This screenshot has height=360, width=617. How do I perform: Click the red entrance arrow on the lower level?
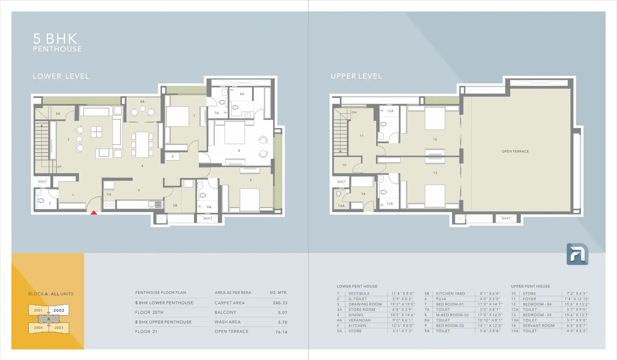pos(94,212)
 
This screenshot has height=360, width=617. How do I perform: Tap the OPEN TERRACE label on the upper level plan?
pos(515,151)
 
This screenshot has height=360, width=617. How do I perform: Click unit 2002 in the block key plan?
pos(59,310)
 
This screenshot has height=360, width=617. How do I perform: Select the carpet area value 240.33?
pos(280,303)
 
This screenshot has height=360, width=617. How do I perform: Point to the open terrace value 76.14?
pos(281,332)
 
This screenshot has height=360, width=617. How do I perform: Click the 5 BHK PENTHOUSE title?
pos(57,42)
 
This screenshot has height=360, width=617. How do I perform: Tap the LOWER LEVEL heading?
pos(61,76)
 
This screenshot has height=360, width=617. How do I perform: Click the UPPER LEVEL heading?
pos(356,76)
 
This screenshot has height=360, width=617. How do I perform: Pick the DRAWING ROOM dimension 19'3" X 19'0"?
pos(403,304)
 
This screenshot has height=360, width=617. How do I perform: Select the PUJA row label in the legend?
pos(441,299)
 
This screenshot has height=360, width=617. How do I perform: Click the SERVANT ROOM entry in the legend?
pos(539,326)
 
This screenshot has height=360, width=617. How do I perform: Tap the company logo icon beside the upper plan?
pos(577,254)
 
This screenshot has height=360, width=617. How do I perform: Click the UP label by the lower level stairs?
pos(59,167)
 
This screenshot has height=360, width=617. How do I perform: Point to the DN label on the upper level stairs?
pos(354,112)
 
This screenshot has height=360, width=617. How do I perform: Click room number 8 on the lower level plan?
pos(239,151)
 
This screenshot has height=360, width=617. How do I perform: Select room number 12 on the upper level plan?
pos(435,139)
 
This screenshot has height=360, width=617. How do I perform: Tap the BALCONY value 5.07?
pos(282,313)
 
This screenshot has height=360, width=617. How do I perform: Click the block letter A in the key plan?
pos(49,319)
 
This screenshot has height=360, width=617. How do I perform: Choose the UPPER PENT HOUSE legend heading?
pos(530,286)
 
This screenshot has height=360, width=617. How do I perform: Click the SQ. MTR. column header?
pos(278,293)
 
